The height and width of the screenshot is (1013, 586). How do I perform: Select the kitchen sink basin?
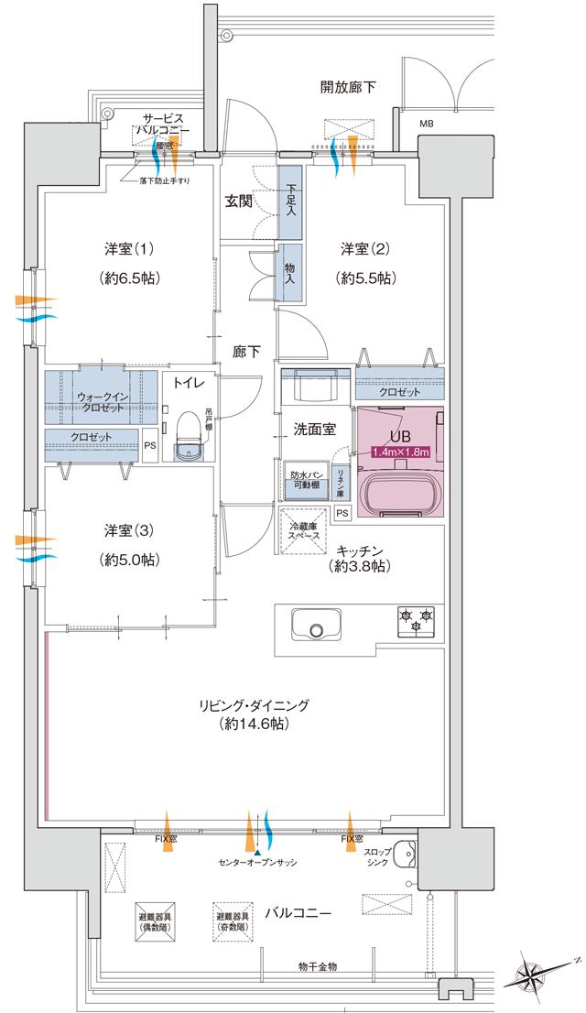316,627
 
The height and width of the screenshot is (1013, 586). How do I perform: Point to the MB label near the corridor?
427,123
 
